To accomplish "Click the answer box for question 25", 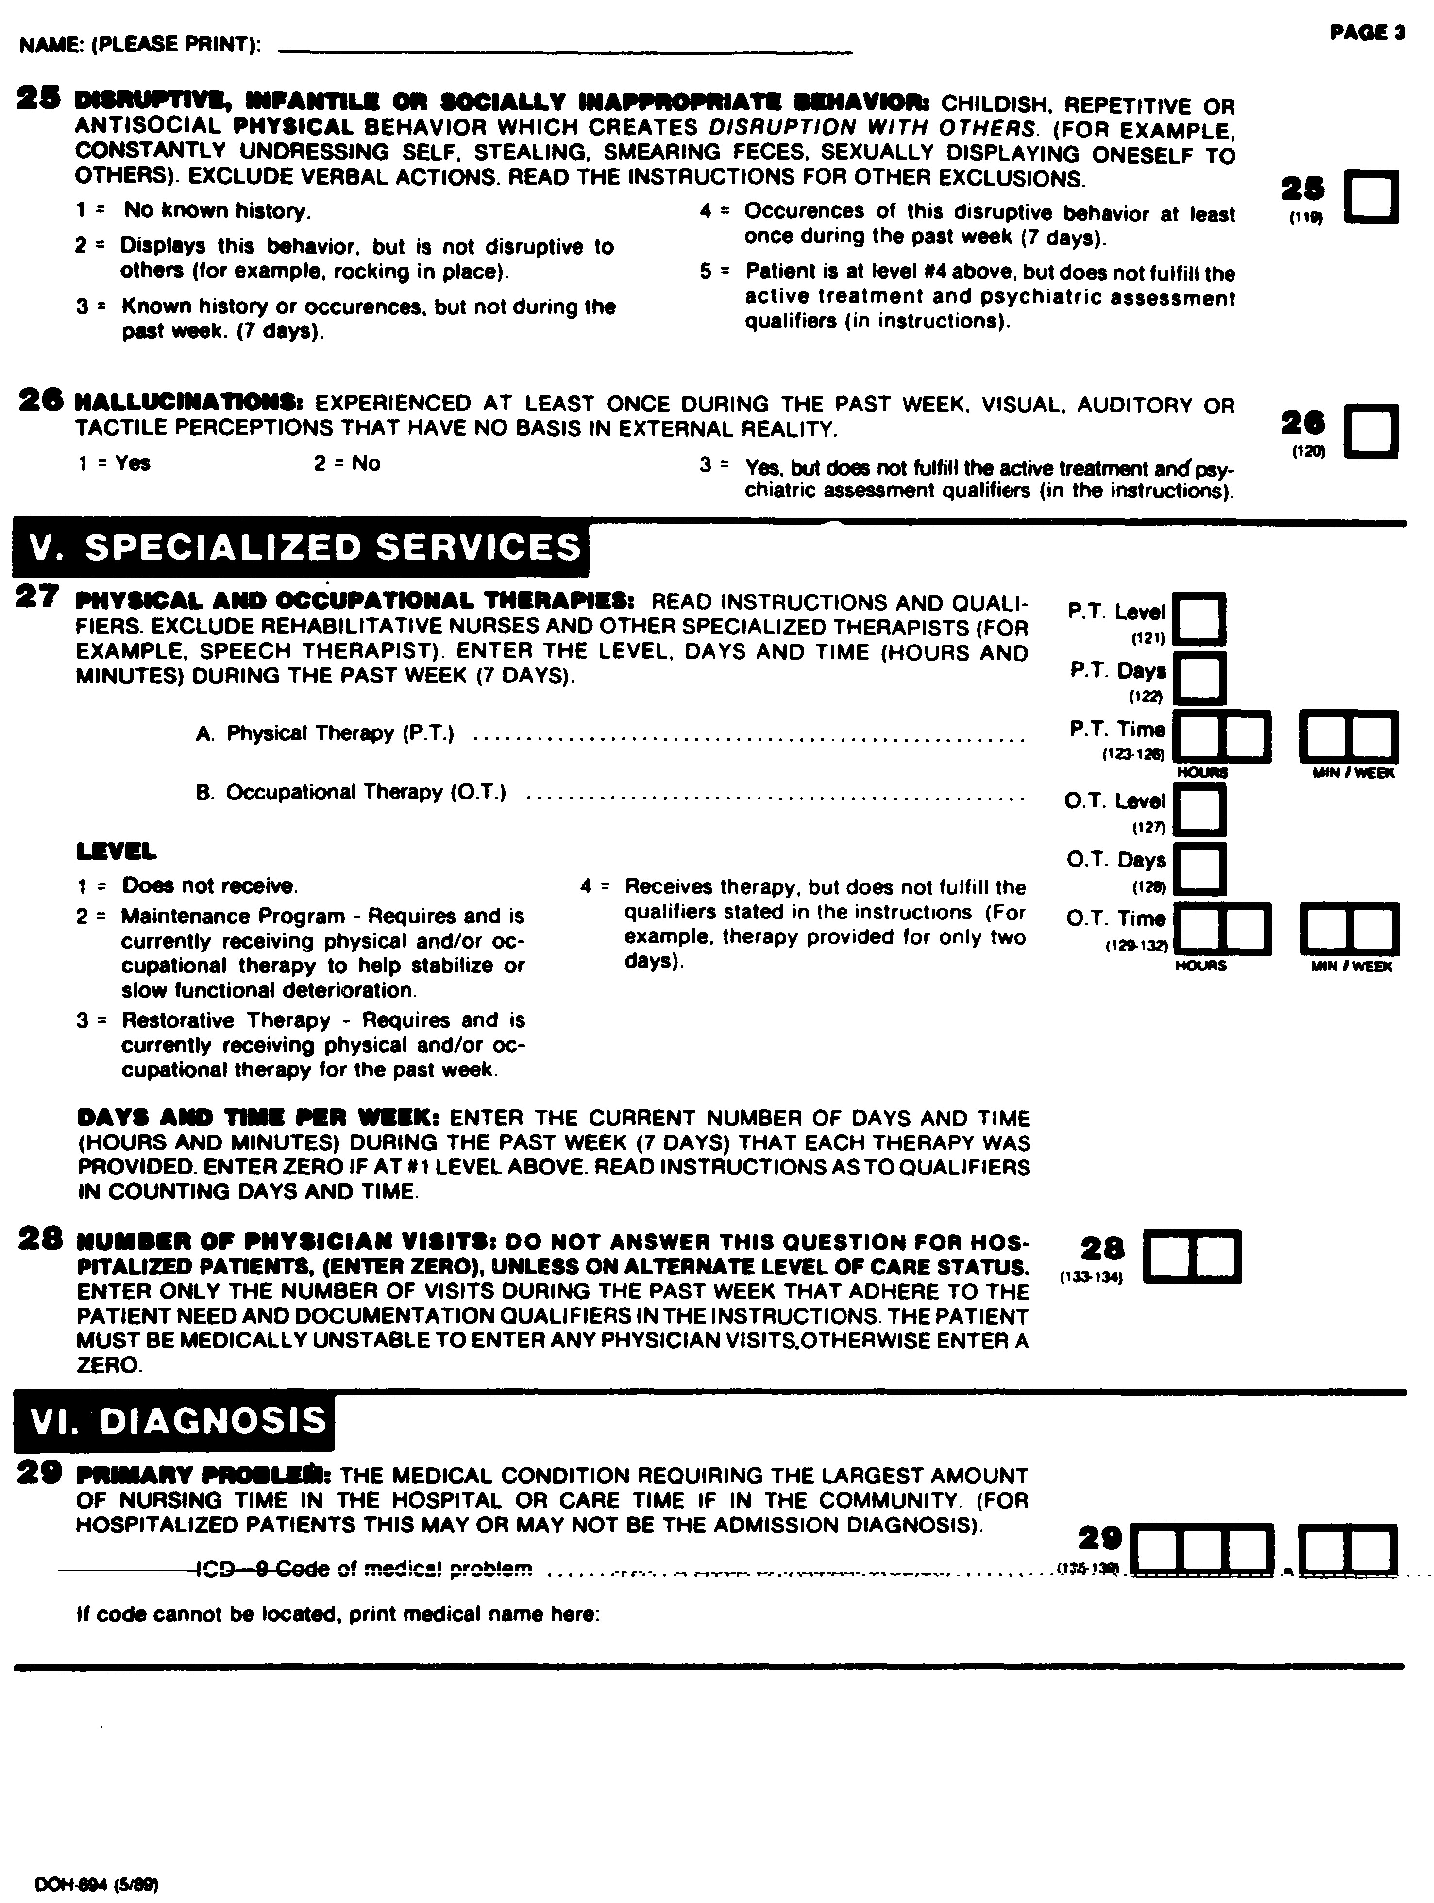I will click(x=1371, y=198).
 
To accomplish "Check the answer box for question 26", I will click(x=1371, y=430).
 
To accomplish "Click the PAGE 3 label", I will click(x=1367, y=33).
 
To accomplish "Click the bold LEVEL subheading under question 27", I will click(x=117, y=852).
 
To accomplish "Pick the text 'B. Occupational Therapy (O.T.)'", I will click(x=351, y=792).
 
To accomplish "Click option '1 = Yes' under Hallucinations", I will click(x=115, y=463).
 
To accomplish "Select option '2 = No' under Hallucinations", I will click(x=347, y=463).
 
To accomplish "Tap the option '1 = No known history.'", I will click(x=194, y=211).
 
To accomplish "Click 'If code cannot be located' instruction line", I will click(x=337, y=1614).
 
